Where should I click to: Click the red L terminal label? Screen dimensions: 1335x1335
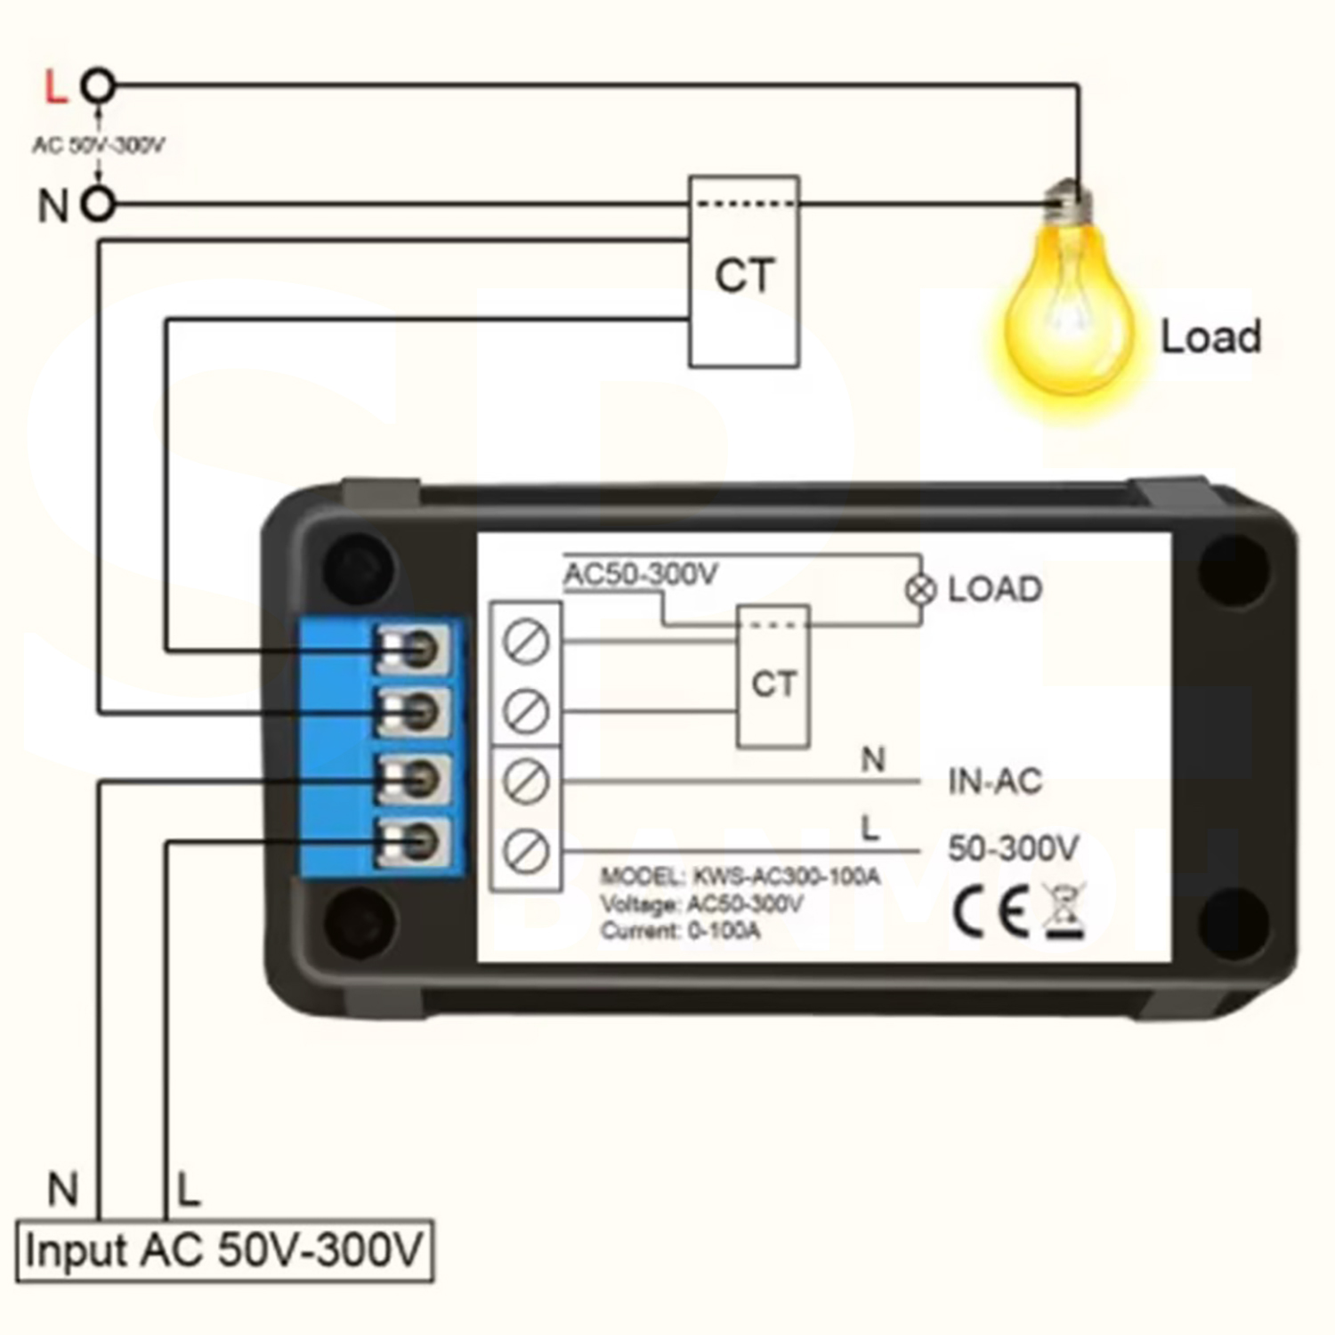55,87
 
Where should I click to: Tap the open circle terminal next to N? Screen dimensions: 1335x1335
99,205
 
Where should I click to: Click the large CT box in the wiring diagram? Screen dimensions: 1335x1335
744,272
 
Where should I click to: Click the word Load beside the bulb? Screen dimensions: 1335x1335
1210,337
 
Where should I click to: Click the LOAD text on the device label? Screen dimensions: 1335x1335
994,589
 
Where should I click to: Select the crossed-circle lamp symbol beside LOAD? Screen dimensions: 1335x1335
921,589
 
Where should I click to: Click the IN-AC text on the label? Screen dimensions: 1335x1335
994,782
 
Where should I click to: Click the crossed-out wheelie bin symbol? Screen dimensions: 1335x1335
1064,911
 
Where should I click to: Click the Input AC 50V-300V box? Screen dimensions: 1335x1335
224,1250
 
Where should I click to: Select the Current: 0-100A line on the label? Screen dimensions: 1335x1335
680,931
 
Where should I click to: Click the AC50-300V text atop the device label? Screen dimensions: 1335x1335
641,575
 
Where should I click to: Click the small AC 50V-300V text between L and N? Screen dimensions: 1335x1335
98,145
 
